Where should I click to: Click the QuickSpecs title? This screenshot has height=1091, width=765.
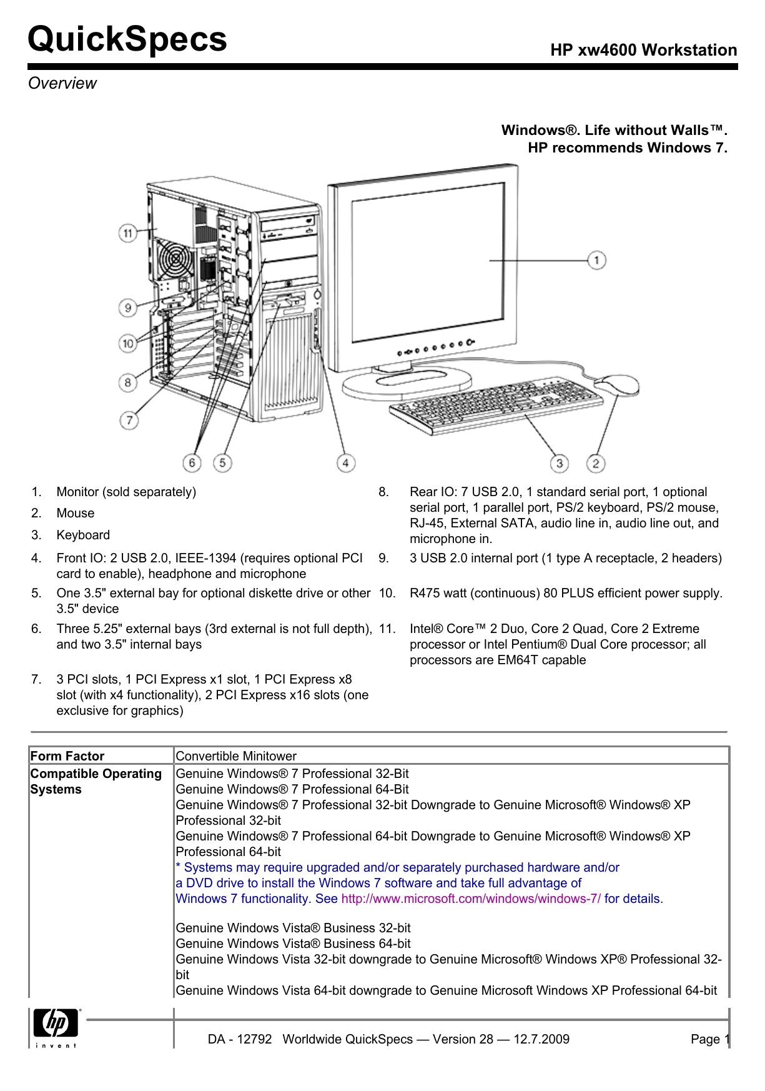tap(127, 39)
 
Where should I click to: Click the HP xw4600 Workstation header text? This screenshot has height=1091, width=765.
tap(643, 50)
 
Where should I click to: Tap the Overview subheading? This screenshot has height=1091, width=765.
tap(62, 83)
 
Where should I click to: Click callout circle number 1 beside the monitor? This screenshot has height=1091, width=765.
tap(596, 260)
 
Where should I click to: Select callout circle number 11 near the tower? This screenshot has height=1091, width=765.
tap(128, 233)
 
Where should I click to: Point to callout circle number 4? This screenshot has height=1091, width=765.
tap(345, 463)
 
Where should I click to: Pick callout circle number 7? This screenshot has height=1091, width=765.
tap(129, 420)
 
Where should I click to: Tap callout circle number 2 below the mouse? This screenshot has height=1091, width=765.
tap(596, 463)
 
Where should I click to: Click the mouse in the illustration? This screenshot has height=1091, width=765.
tap(617, 384)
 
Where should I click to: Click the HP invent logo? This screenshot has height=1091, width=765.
tap(56, 1026)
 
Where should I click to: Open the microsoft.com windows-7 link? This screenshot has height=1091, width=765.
tap(471, 899)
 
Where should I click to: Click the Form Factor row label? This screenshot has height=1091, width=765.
tap(67, 756)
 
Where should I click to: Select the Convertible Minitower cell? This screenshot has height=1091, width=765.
tap(236, 756)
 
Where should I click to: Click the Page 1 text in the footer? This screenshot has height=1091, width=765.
tap(709, 1039)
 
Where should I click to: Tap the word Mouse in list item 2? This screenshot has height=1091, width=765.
tap(76, 513)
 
